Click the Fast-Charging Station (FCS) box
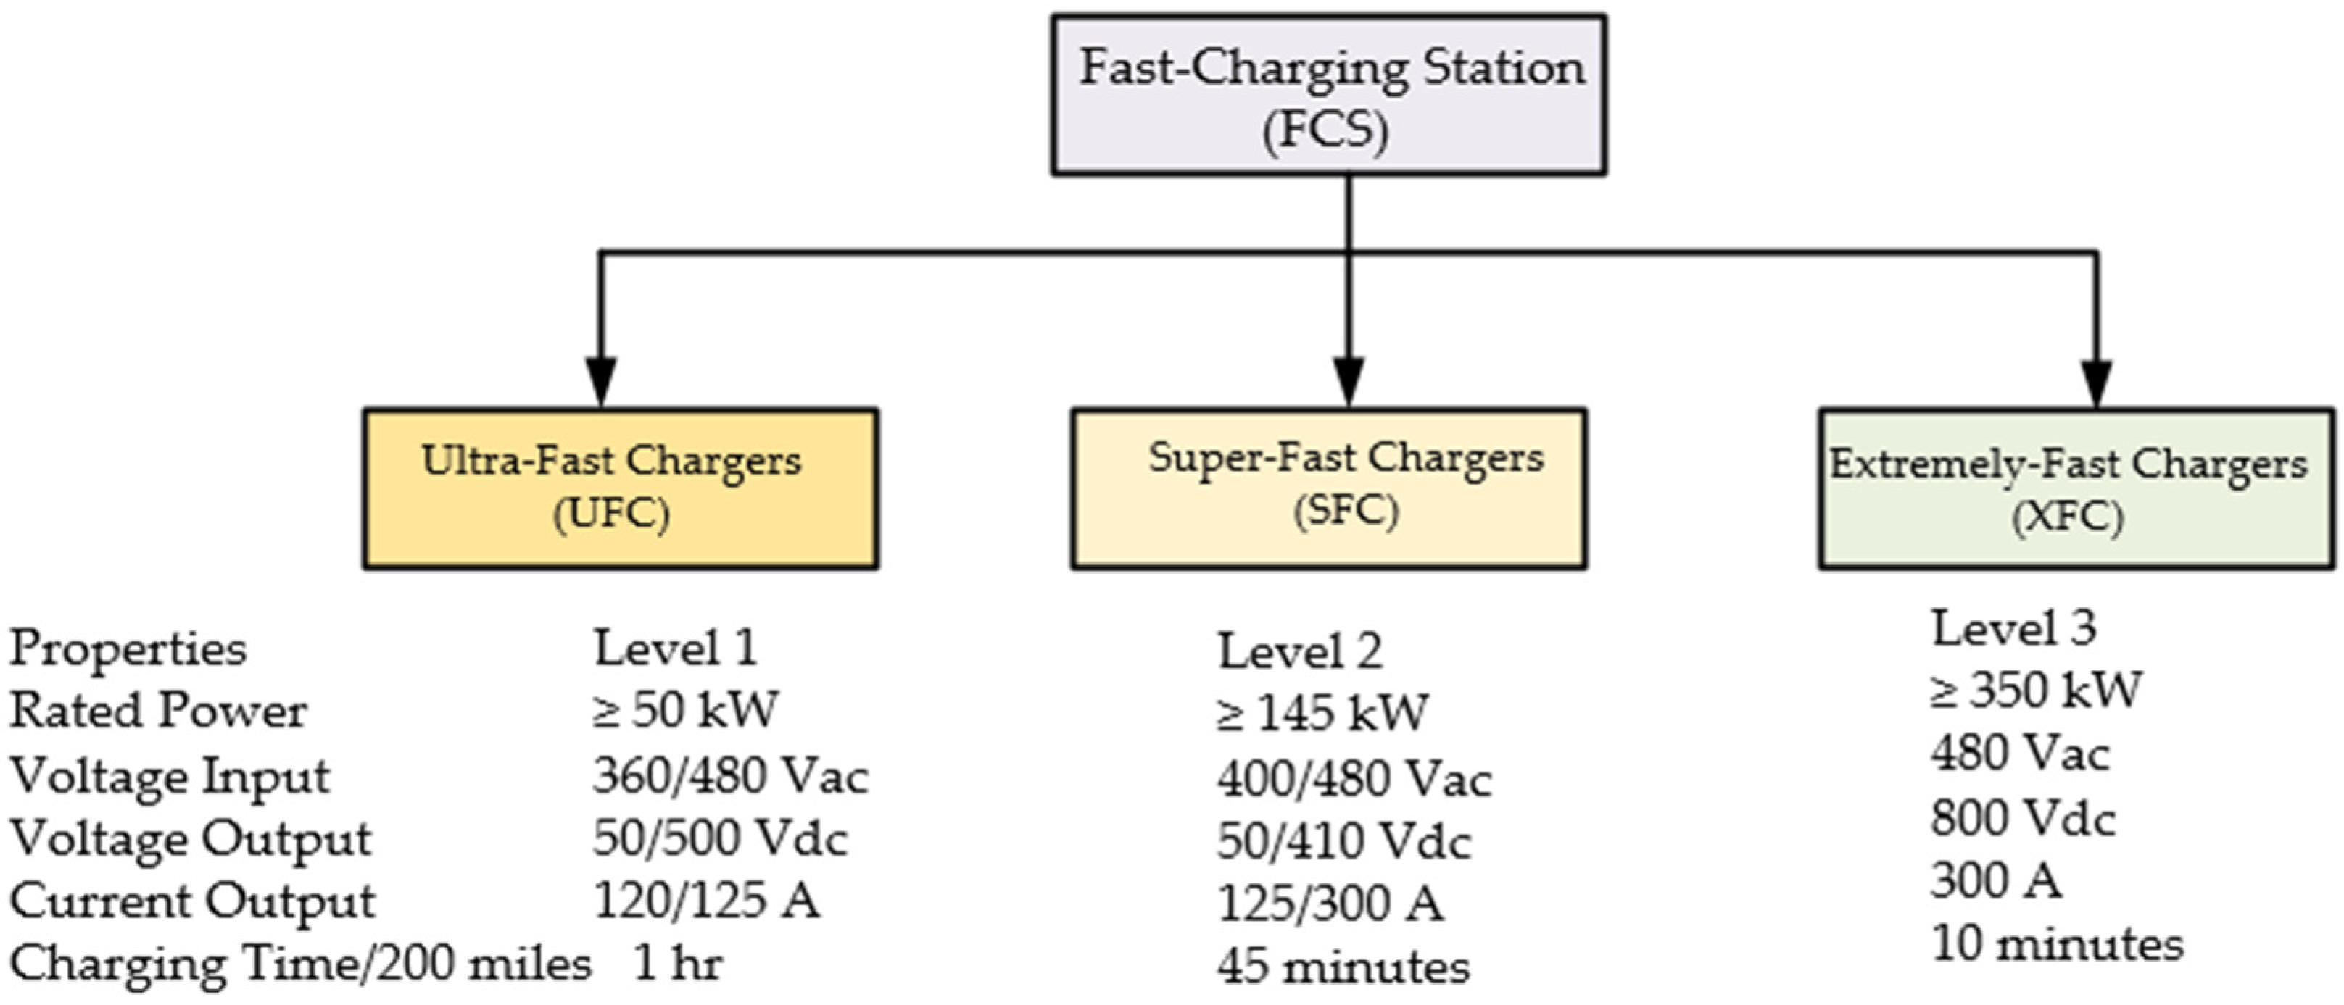click(x=1328, y=95)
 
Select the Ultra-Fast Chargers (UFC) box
click(x=621, y=489)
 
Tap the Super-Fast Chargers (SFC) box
click(x=1328, y=489)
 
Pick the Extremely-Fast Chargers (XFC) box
click(x=2076, y=489)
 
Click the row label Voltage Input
click(x=170, y=776)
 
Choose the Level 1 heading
click(x=675, y=649)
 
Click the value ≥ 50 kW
click(x=685, y=710)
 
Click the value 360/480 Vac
click(x=731, y=776)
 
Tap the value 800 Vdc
click(x=2023, y=817)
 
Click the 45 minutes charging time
click(x=1343, y=967)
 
